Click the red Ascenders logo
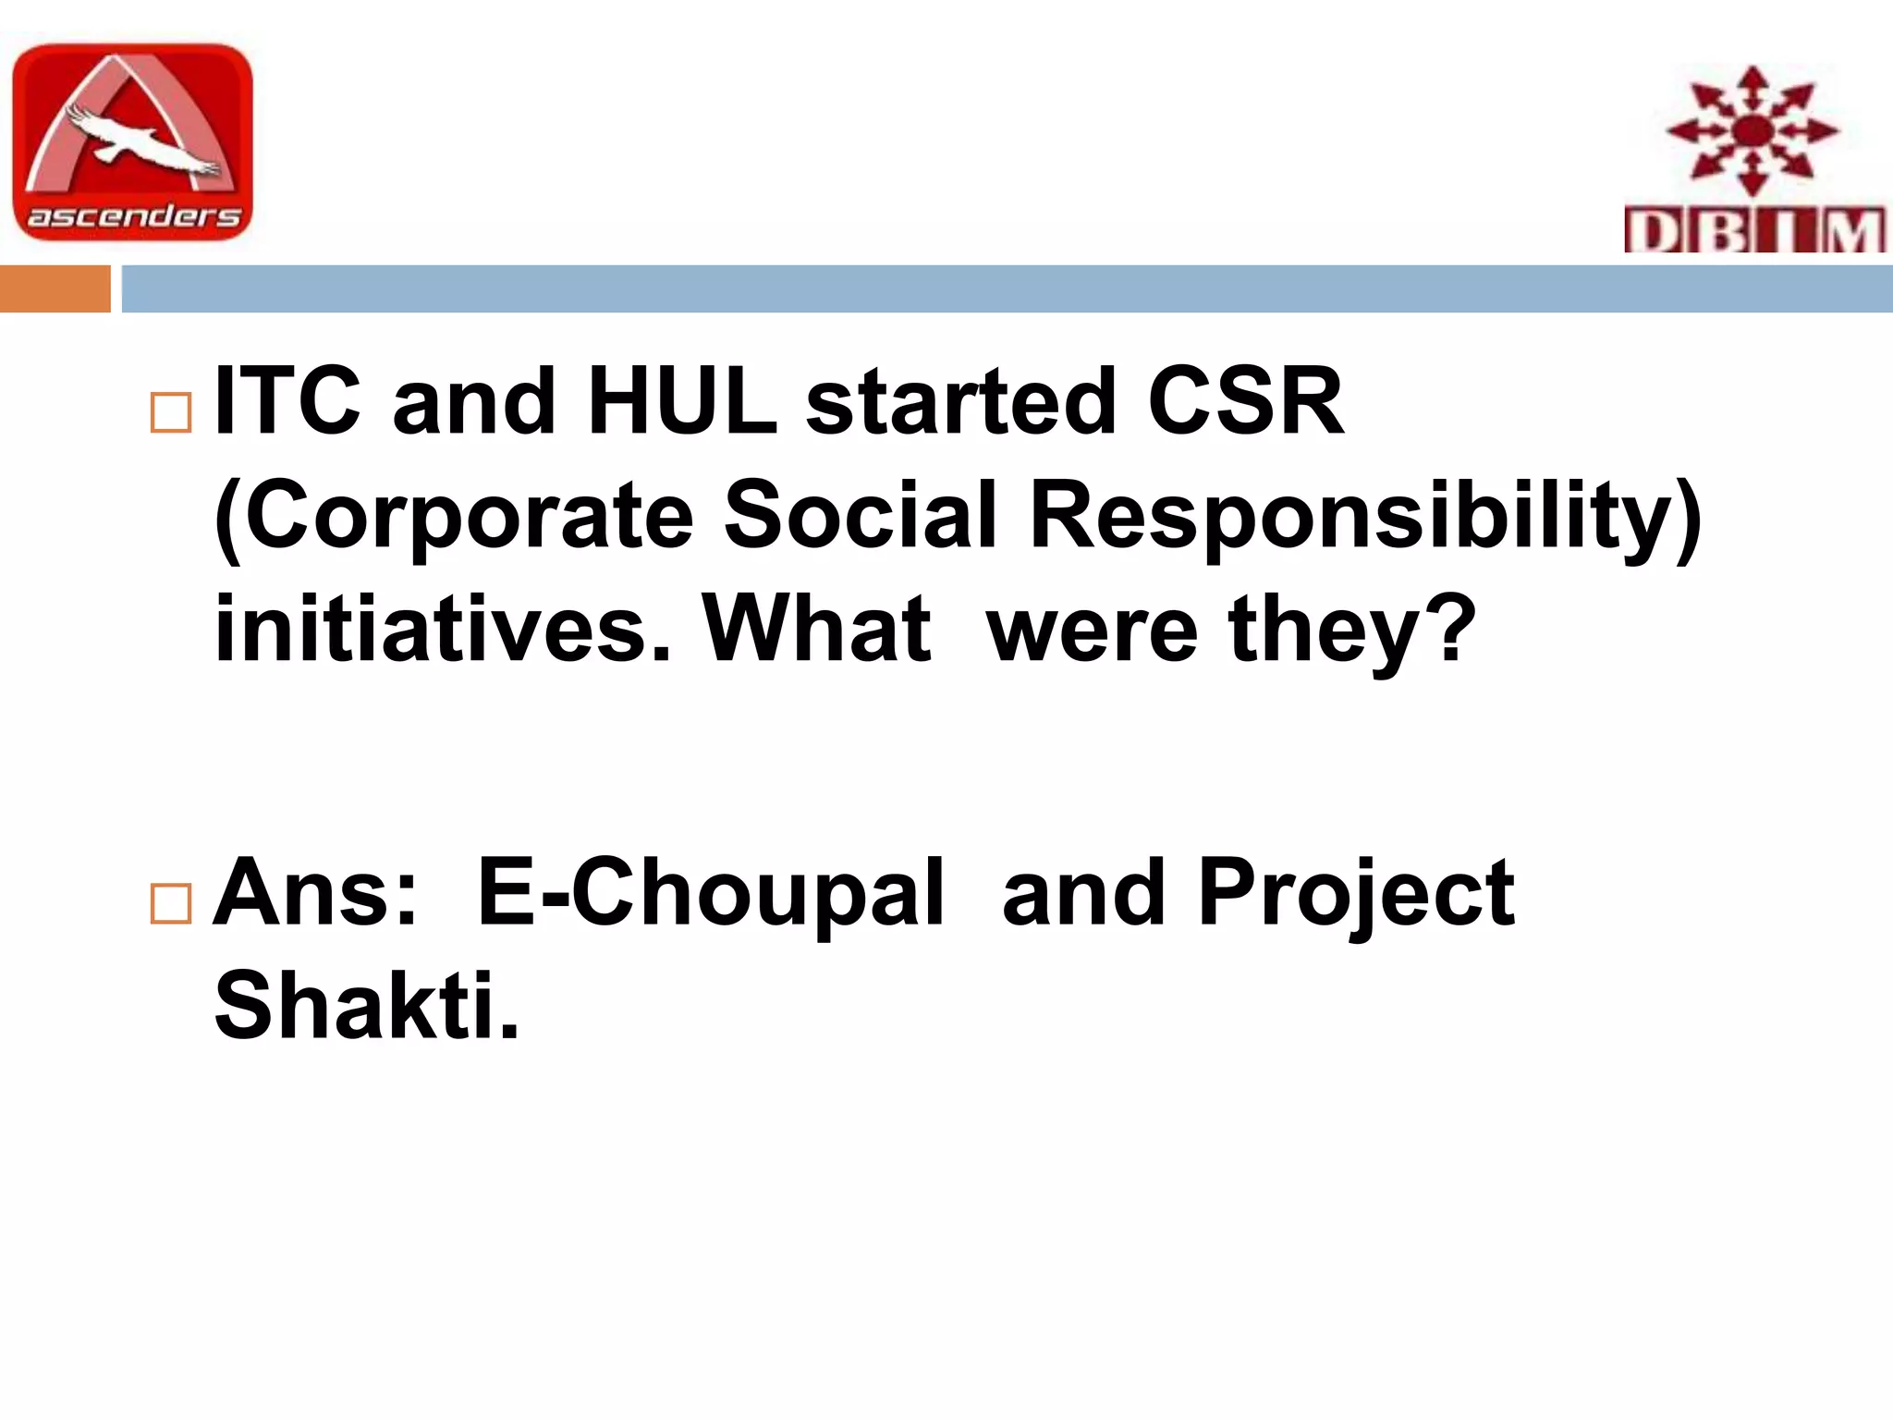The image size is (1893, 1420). [132, 141]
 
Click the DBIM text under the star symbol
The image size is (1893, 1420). [1753, 230]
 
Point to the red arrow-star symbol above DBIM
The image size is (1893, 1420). [1753, 130]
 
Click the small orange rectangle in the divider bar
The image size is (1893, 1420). [55, 288]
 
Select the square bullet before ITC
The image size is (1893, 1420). [170, 412]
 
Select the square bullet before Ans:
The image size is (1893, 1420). [170, 903]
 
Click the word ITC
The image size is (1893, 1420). [287, 402]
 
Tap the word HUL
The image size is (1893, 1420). [682, 402]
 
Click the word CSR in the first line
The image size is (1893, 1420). [1245, 402]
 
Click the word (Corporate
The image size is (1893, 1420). [453, 518]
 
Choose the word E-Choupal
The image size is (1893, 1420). [710, 894]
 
